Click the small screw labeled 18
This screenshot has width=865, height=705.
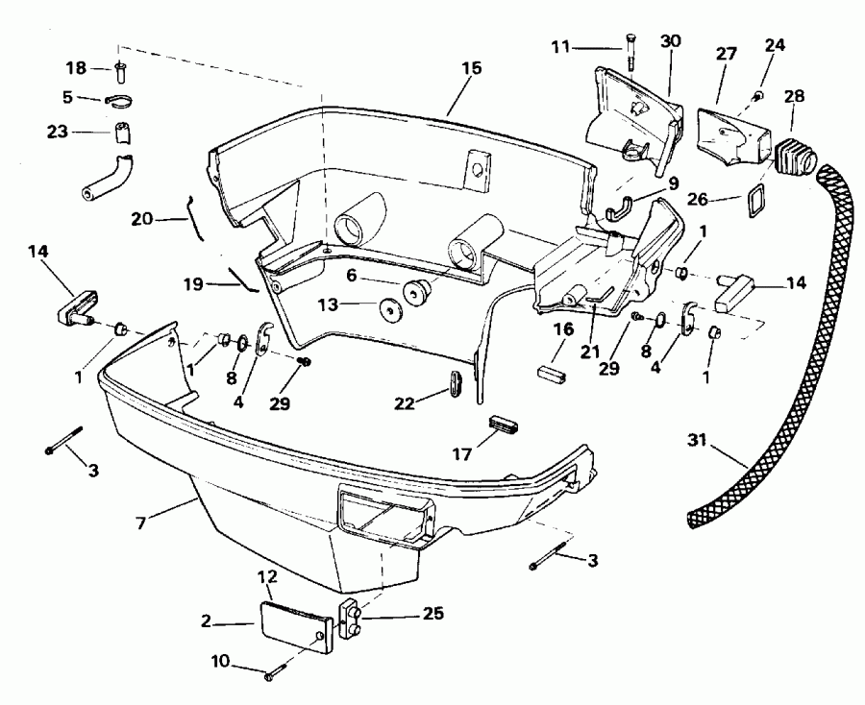point(118,69)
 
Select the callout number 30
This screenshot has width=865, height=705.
point(671,40)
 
